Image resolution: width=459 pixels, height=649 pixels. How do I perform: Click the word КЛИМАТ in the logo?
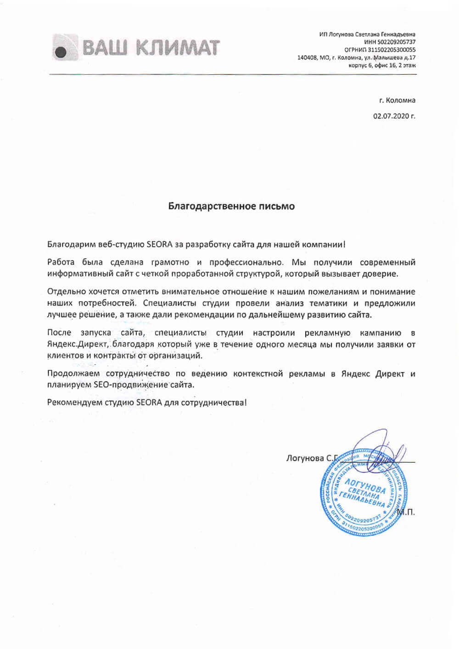point(179,48)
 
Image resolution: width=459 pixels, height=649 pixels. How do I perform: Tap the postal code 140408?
point(307,58)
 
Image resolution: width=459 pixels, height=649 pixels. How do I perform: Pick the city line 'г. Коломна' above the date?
point(397,100)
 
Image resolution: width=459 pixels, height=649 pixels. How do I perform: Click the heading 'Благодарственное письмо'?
point(231,206)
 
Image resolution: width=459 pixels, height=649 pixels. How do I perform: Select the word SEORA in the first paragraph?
point(159,245)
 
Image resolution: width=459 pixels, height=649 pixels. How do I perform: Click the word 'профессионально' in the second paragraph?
point(246,263)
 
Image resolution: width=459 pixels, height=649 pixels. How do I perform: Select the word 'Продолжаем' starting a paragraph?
point(73,374)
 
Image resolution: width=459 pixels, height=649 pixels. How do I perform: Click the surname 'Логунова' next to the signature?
point(305,458)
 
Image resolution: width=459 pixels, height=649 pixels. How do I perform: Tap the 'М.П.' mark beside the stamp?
point(405,512)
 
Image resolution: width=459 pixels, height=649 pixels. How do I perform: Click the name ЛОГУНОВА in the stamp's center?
point(365,486)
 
